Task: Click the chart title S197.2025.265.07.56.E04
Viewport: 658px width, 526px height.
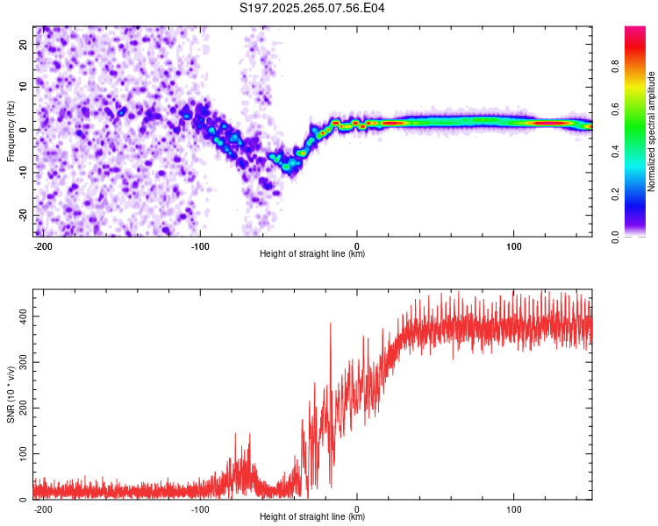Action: (x=312, y=8)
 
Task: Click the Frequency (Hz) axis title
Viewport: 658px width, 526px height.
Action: (x=11, y=131)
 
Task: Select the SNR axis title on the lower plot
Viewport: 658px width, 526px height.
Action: (x=11, y=394)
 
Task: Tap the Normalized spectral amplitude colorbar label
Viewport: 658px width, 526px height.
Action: (x=651, y=131)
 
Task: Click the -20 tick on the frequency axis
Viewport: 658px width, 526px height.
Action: (x=24, y=215)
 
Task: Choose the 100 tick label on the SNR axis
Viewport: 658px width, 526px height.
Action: (x=22, y=453)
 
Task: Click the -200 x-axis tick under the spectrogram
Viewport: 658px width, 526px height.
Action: (x=43, y=246)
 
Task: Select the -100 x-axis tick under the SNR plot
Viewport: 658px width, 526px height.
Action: (x=200, y=509)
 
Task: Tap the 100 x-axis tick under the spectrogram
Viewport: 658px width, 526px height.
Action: (x=513, y=246)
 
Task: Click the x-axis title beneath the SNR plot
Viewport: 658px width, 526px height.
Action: (x=312, y=517)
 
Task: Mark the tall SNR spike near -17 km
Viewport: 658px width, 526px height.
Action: (x=331, y=324)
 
